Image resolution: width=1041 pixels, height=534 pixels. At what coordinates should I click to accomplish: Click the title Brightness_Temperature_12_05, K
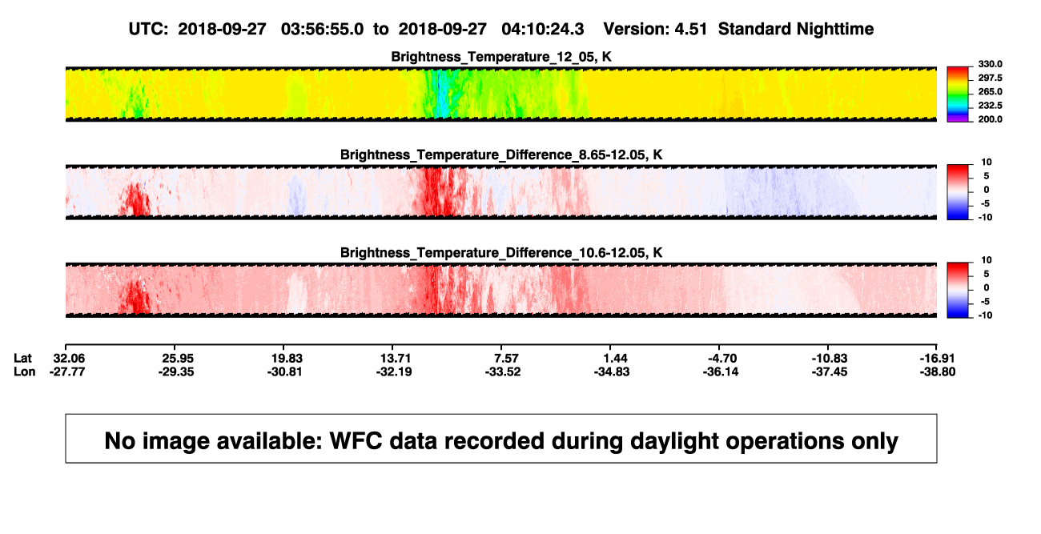click(501, 57)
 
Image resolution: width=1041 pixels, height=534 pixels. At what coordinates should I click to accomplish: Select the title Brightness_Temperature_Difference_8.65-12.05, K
click(501, 155)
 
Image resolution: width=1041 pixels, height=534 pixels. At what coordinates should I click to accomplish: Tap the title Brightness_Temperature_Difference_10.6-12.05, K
click(501, 253)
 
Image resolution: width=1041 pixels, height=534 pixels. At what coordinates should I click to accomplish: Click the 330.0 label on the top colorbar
click(990, 64)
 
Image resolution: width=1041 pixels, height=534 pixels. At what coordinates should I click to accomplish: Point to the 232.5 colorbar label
click(990, 106)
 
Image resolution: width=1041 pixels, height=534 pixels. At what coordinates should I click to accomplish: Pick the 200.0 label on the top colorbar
click(990, 119)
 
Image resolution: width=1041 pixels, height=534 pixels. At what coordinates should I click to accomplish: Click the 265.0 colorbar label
click(990, 91)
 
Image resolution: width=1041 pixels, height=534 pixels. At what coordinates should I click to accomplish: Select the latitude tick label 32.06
click(69, 359)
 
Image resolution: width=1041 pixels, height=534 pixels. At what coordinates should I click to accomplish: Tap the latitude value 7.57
click(505, 359)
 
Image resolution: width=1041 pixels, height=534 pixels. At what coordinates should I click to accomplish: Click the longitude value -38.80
click(938, 371)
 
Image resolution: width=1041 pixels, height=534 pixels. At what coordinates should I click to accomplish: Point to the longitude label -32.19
click(394, 371)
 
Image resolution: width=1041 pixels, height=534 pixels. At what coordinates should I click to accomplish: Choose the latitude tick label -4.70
click(722, 359)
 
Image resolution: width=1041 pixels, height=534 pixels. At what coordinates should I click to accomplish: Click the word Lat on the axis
click(22, 359)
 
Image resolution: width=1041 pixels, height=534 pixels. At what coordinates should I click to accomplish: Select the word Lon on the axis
click(24, 371)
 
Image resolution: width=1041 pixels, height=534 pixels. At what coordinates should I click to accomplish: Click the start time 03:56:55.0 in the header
click(322, 29)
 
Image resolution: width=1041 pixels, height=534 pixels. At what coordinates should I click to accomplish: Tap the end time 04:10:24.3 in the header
click(542, 29)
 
